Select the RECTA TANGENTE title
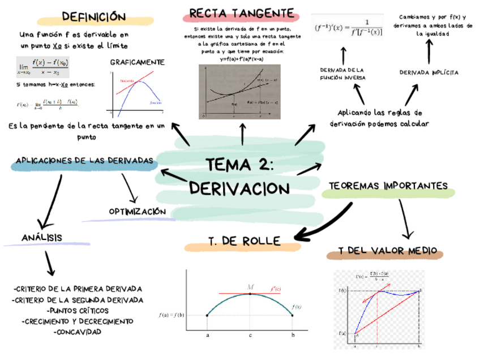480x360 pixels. pos(242,14)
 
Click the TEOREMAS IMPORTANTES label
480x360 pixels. pos(388,186)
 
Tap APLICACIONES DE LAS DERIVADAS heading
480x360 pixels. pos(85,161)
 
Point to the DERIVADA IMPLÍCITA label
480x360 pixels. pos(428,73)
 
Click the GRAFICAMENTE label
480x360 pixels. pos(138,62)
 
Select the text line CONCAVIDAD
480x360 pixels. pos(77,332)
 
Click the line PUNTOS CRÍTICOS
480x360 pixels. pos(77,311)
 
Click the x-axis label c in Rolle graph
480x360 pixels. pos(250,335)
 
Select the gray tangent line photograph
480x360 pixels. pos(239,92)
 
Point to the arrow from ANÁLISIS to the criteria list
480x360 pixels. pos(49,263)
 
